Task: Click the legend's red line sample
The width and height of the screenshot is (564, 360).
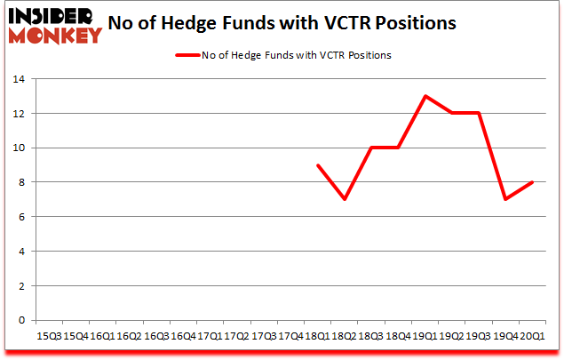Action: [188, 55]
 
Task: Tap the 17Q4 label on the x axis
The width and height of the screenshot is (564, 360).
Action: [291, 336]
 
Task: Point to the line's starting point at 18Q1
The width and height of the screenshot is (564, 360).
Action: [318, 165]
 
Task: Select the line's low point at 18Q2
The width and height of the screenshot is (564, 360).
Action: [345, 199]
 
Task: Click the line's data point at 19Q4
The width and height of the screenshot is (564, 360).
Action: [505, 199]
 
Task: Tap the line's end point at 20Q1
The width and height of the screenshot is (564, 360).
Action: [532, 182]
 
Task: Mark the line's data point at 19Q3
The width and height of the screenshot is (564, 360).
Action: [479, 113]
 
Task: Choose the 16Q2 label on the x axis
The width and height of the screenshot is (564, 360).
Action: [128, 336]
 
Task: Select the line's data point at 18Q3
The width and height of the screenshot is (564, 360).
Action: [371, 148]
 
